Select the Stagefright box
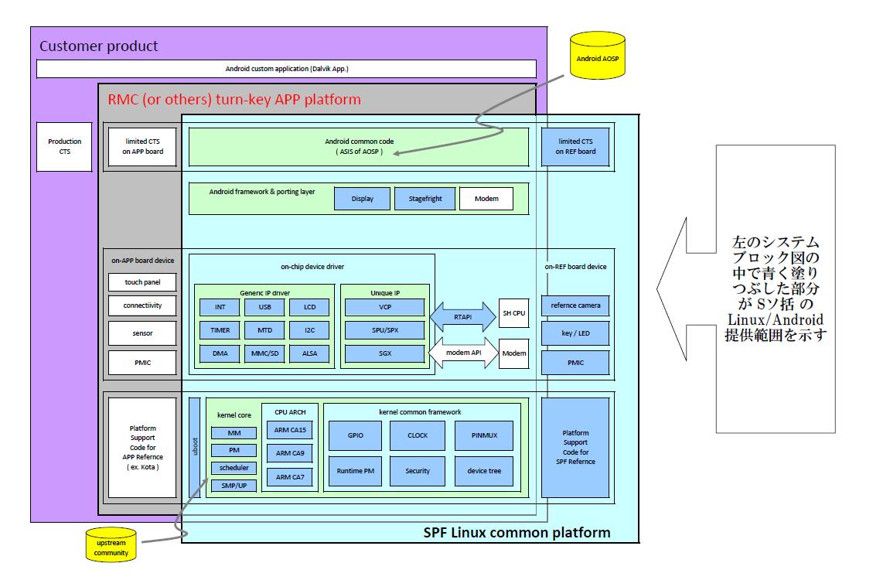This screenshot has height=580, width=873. click(425, 199)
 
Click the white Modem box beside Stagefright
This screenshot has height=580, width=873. click(486, 199)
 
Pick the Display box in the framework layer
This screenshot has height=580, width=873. click(362, 199)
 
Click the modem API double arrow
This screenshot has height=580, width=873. click(463, 353)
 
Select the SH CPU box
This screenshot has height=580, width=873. click(514, 312)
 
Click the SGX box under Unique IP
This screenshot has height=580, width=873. click(385, 353)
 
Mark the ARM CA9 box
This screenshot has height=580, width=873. click(290, 453)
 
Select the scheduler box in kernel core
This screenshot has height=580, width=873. click(234, 468)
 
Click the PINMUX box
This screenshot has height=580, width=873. click(483, 435)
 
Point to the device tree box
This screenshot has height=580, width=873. click(483, 471)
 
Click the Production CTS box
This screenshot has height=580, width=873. click(64, 146)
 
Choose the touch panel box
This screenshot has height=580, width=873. click(142, 282)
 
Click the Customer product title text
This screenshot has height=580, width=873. click(99, 46)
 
